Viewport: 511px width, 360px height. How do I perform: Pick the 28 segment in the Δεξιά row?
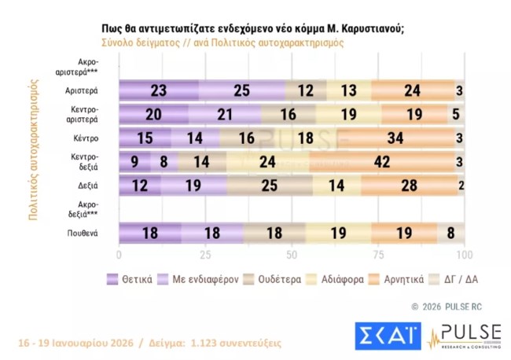[409, 187]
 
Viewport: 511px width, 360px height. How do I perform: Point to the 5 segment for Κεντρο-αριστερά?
[456, 115]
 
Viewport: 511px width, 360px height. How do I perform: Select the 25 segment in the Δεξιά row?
[269, 187]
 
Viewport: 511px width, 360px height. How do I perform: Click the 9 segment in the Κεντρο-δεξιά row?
[134, 163]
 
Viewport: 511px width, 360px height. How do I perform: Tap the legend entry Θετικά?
[131, 279]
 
